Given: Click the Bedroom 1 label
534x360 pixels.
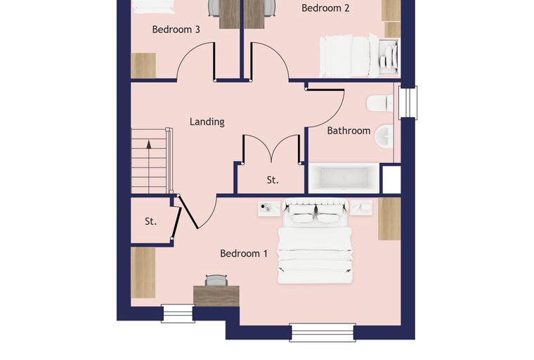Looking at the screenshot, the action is coord(244,254).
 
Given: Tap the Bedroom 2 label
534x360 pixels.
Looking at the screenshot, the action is coord(325,8).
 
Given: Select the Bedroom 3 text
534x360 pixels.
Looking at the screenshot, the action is coord(176,30).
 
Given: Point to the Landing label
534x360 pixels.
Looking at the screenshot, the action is coord(207,122).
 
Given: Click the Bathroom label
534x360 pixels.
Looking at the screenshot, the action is coord(349,131).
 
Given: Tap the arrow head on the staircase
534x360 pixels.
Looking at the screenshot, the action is coord(149,144).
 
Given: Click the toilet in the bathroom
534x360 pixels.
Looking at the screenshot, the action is coord(380,103).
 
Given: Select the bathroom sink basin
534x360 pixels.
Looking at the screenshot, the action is coord(384,136).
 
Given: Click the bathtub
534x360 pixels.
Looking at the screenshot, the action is coord(344,179).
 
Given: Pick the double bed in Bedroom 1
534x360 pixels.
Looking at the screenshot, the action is coord(315,242).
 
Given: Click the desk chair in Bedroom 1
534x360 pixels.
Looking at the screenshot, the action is coord(216,281).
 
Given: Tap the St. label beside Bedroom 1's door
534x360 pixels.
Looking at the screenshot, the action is coord(150,221).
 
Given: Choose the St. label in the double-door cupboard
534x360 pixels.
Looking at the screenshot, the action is coord(273,180).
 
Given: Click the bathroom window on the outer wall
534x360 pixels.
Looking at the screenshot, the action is coord(408,102).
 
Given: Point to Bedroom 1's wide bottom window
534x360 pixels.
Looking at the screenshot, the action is coord(323,333).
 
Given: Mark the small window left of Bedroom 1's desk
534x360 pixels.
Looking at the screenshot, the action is coord(178,314).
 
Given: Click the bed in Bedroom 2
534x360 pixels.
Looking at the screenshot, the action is coord(359,56).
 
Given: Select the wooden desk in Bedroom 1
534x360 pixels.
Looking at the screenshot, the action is coord(216,296).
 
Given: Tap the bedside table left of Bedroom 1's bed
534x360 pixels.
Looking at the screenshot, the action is coord(269,208).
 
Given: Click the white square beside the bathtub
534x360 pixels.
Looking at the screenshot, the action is coord(391,179).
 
